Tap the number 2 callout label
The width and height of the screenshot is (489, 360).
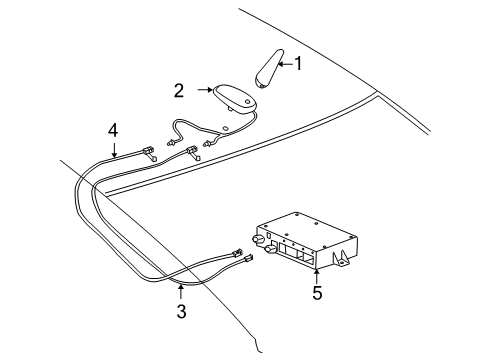pos(179,90)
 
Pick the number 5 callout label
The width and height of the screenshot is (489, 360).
pos(318,295)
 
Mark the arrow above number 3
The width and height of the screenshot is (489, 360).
pos(181,292)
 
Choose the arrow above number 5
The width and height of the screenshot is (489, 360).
pos(318,274)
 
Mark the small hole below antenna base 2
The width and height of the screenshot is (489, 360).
pos(229,128)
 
